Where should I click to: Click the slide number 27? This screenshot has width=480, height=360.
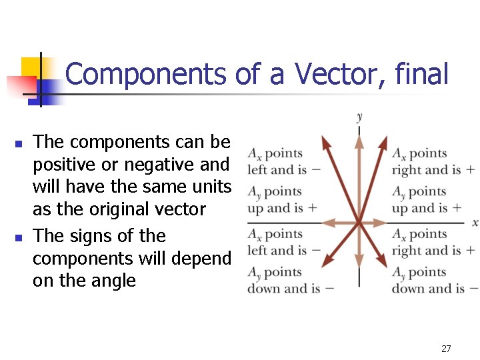(x=446, y=348)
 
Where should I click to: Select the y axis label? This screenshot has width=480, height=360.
(x=360, y=117)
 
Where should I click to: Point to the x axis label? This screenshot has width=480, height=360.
(x=475, y=222)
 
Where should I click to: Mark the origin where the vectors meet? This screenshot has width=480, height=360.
(x=359, y=222)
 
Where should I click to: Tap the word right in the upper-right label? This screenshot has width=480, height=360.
(x=407, y=169)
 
